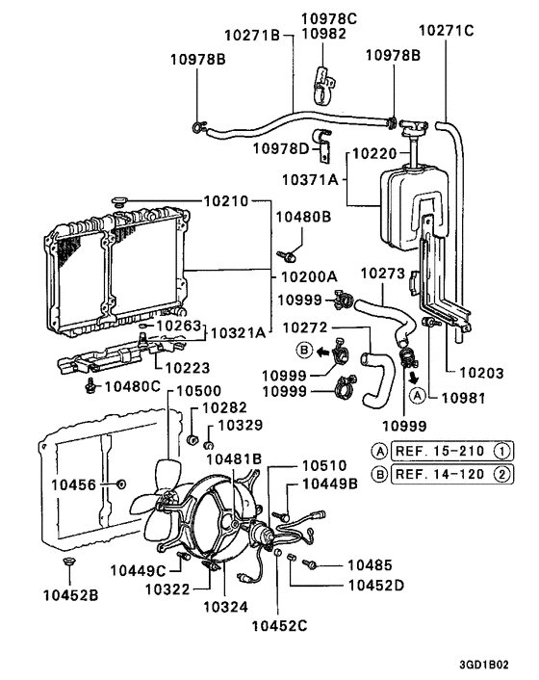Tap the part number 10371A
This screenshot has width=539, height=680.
pos(310,180)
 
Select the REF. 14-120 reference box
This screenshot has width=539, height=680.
pos(441,473)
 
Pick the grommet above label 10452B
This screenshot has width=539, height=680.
pos(66,561)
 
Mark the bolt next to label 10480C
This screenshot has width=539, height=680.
pos(91,386)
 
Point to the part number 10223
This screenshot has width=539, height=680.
pos(186,366)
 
